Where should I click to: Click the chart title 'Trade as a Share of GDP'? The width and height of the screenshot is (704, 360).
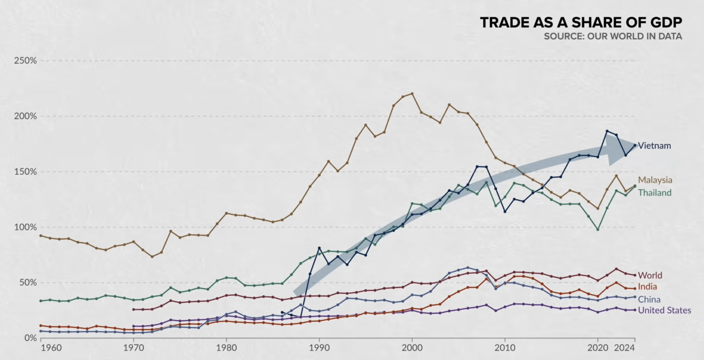[581, 23]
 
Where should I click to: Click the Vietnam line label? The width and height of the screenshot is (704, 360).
[654, 146]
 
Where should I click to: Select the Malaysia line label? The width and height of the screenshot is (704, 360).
[655, 180]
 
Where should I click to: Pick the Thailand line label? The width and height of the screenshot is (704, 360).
[655, 193]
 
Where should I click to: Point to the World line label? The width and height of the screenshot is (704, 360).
[650, 275]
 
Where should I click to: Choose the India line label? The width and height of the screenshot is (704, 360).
[647, 286]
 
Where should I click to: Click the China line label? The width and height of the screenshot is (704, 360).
[649, 299]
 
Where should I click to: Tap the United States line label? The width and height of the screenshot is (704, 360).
[664, 310]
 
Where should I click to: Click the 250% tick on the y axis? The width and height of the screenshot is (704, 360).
[25, 61]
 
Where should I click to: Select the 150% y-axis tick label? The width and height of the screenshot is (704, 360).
[25, 172]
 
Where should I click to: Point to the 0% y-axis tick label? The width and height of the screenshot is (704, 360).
[30, 338]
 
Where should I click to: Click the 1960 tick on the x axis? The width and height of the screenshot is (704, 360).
[51, 348]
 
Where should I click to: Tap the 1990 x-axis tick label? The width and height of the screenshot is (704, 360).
[319, 348]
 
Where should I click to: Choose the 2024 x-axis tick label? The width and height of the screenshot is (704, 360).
[625, 348]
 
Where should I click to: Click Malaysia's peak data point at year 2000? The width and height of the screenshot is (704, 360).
[412, 94]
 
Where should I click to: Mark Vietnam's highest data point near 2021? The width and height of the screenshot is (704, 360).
[607, 131]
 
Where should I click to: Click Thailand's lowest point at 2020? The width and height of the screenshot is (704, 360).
[598, 229]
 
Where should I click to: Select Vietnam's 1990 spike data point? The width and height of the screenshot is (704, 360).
[319, 248]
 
